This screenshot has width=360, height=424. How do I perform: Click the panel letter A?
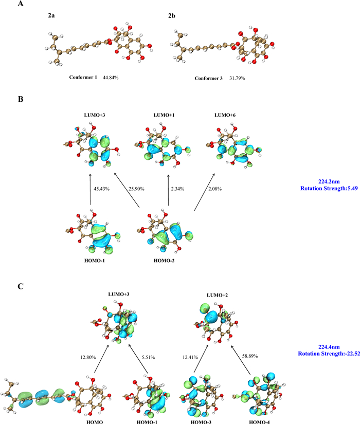tap(21, 4)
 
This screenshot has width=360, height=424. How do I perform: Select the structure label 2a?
tap(51, 15)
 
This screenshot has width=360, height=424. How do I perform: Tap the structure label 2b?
tap(172, 16)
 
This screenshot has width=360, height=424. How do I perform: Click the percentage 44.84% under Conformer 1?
tap(111, 77)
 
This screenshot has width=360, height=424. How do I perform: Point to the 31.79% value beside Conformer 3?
tap(237, 78)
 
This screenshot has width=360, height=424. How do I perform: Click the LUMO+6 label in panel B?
tap(225, 115)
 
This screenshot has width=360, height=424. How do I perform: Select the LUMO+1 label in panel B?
tap(164, 115)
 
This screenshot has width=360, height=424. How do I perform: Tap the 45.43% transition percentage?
tap(101, 189)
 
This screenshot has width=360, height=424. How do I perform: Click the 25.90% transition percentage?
tap(136, 189)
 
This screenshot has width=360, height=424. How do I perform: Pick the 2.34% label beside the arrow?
tap(177, 189)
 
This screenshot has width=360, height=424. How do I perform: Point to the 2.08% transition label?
tap(215, 189)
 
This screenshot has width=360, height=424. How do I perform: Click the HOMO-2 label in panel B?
tap(164, 261)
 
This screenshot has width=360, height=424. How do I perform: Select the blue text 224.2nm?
tap(329, 182)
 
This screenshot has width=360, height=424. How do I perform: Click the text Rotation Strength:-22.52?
tap(329, 354)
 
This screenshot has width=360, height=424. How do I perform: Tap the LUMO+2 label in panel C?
tap(217, 295)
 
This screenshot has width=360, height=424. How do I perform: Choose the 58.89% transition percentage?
tap(250, 356)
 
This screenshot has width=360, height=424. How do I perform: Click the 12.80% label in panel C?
tap(88, 357)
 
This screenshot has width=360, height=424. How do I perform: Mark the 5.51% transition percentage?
tap(148, 357)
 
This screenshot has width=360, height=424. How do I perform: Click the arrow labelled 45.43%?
tap(91, 190)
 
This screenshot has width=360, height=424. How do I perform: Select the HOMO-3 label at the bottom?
tap(201, 421)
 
